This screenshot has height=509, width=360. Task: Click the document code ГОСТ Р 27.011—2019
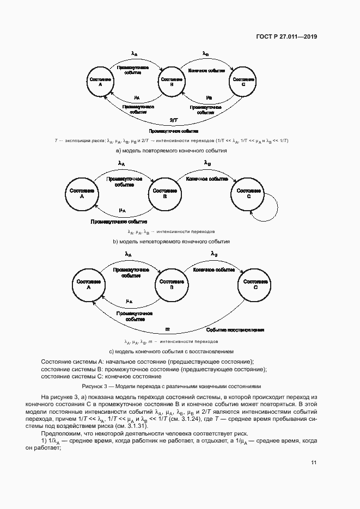286,36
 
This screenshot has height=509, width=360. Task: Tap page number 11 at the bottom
314,463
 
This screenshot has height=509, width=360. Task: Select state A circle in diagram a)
100,82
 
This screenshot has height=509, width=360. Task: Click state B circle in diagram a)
172,82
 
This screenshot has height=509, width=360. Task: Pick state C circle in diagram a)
243,82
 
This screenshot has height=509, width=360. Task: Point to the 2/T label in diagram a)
173,119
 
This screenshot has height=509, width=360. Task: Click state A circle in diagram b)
82,194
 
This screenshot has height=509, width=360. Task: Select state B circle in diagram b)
164,194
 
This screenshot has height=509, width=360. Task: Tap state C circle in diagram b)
249,194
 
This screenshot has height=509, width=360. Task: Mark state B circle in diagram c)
172,285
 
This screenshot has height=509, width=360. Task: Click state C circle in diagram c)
255,285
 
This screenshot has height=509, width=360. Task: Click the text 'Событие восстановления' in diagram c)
235,330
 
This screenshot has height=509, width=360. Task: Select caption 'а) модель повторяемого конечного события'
170,151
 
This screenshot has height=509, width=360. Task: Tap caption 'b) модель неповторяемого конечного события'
171,241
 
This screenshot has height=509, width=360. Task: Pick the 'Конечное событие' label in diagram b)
206,179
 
